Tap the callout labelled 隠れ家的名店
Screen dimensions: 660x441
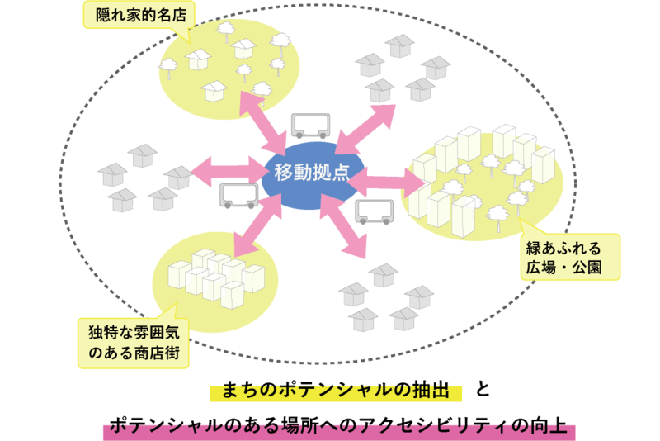(139, 16)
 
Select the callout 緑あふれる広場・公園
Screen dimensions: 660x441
(570, 257)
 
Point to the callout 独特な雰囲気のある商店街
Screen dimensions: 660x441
(134, 343)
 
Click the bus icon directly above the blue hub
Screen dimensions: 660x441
(311, 126)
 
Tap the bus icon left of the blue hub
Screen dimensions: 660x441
(238, 196)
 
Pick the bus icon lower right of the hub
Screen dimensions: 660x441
(375, 212)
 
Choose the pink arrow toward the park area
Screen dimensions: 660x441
(386, 182)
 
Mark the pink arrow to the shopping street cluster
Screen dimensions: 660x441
(257, 225)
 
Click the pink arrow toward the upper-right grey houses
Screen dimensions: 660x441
(365, 130)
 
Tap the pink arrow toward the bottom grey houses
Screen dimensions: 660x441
(343, 225)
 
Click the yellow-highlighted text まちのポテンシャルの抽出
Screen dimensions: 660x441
(336, 391)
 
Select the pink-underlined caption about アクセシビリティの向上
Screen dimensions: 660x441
(338, 426)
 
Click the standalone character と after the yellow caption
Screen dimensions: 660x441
(483, 389)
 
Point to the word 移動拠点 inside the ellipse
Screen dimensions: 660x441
(312, 173)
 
